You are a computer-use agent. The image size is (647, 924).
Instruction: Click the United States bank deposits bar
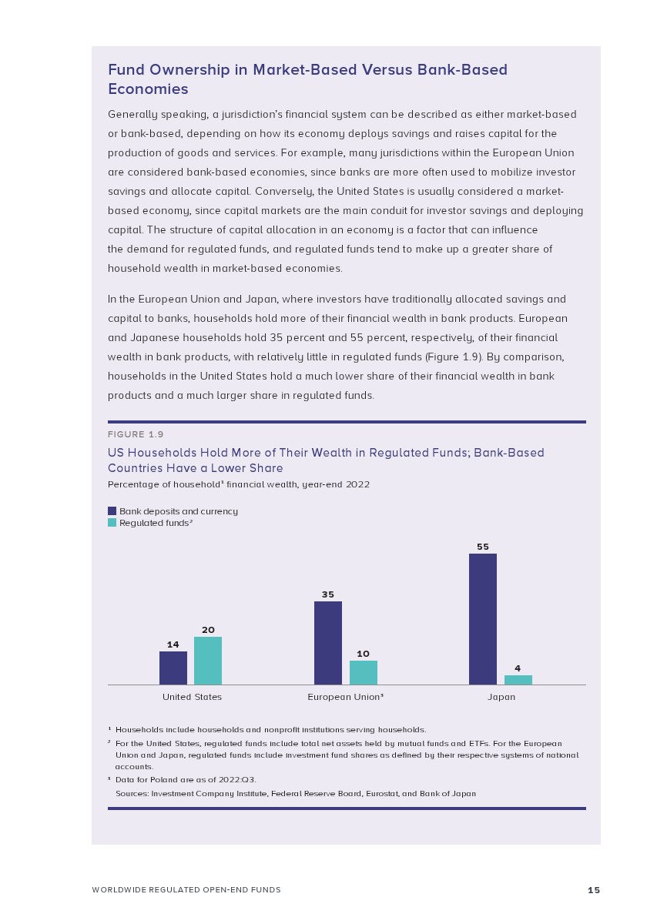click(173, 668)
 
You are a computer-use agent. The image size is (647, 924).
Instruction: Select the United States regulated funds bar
click(208, 661)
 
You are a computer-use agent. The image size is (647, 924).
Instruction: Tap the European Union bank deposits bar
click(328, 643)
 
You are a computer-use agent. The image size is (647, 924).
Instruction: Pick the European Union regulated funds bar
click(364, 672)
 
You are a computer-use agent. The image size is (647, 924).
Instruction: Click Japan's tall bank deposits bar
click(483, 618)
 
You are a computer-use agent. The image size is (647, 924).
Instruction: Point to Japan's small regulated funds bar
click(518, 680)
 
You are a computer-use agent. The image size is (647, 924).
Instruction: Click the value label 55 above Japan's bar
click(483, 547)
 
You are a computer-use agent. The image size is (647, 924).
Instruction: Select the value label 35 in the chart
click(328, 594)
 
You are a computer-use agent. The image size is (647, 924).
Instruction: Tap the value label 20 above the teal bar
click(208, 630)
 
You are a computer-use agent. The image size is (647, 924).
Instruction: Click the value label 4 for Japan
click(518, 668)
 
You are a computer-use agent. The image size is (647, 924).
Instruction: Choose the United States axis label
click(192, 697)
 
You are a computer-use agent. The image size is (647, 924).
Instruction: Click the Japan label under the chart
click(501, 697)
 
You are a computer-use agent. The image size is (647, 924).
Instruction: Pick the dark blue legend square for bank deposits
click(112, 511)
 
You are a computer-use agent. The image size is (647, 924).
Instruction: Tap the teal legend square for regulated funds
click(112, 523)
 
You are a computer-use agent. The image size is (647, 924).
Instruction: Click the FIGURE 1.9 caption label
click(136, 435)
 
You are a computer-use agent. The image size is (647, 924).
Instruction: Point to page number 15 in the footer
click(594, 890)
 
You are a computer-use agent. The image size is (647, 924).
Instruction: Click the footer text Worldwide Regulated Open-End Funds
click(186, 890)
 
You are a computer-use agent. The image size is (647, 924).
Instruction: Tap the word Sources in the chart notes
click(131, 793)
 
